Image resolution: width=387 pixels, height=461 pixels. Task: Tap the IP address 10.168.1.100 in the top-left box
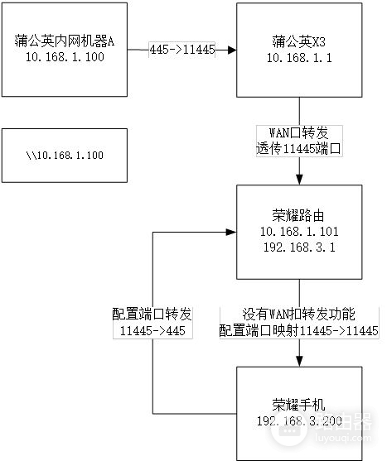pos(63,57)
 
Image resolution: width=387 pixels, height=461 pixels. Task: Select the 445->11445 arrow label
pos(181,50)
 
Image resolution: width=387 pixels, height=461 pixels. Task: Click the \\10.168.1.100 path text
pos(64,156)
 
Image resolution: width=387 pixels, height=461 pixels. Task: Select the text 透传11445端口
pos(299,149)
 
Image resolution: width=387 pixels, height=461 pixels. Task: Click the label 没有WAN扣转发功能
pos(299,315)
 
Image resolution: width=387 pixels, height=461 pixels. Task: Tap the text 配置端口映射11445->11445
pos(299,330)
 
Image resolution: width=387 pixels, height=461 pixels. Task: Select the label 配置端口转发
pos(152,315)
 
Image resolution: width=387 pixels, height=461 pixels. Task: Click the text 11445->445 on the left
pos(152,330)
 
